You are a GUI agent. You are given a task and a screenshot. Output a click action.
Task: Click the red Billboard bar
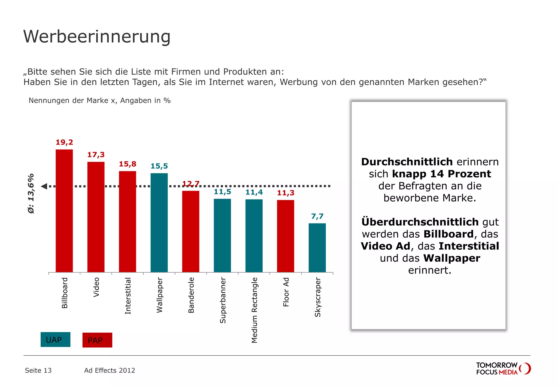(x=64, y=211)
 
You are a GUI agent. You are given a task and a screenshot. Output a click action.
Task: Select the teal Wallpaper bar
(x=159, y=222)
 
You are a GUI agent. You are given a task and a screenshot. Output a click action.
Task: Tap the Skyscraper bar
(x=317, y=248)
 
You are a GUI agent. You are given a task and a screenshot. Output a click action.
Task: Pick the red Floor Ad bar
(x=286, y=236)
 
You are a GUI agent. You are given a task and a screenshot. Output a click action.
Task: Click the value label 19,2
(x=64, y=142)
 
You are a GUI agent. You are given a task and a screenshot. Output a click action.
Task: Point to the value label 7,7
(x=317, y=216)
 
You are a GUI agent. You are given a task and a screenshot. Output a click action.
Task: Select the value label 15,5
(x=159, y=166)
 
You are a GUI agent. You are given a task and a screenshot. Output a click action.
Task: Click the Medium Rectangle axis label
(x=254, y=310)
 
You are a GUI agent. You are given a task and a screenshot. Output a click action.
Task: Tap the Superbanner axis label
(x=223, y=300)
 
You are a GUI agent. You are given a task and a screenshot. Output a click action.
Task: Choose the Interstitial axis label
(x=128, y=296)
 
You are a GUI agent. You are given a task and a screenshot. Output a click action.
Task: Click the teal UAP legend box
(x=55, y=340)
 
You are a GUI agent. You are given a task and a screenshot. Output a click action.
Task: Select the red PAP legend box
(x=97, y=340)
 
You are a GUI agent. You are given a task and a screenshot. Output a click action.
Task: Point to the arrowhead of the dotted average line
(x=44, y=186)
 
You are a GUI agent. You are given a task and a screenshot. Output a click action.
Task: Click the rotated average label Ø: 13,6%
(x=31, y=193)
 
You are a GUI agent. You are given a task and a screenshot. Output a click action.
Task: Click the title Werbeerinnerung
(x=97, y=36)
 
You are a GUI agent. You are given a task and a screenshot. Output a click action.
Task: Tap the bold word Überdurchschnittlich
(x=420, y=222)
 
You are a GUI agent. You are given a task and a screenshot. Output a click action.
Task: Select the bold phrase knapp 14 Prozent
(x=441, y=174)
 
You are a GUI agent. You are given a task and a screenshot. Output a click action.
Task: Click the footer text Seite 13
(x=38, y=370)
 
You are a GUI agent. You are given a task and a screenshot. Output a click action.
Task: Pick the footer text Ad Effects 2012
(x=110, y=370)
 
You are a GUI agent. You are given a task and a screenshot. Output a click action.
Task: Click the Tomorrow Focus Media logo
(x=503, y=368)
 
